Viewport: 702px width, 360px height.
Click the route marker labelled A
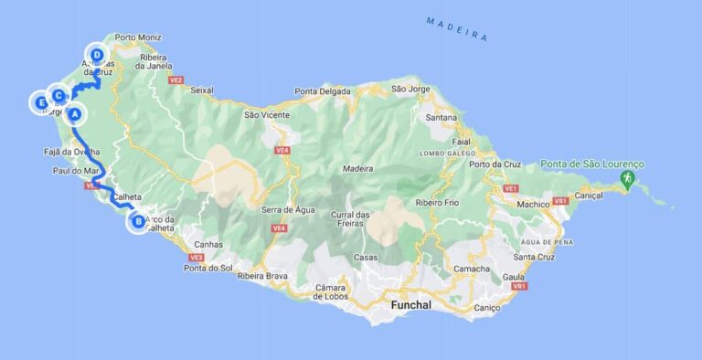(x=75, y=114)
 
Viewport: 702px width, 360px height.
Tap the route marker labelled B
(x=137, y=220)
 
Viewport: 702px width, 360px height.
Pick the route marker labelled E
(x=41, y=102)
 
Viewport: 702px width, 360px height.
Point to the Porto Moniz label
(x=138, y=38)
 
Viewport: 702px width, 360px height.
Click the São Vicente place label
(x=267, y=115)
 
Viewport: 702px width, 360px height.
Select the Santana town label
(x=441, y=118)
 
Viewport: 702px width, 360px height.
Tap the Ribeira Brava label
(x=263, y=275)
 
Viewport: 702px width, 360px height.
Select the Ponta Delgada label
(x=324, y=90)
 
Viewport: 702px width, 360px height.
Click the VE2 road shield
(x=176, y=80)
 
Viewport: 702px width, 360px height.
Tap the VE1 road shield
(x=511, y=188)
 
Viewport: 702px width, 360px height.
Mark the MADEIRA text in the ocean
(x=457, y=28)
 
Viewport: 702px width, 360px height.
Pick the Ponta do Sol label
(x=207, y=268)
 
